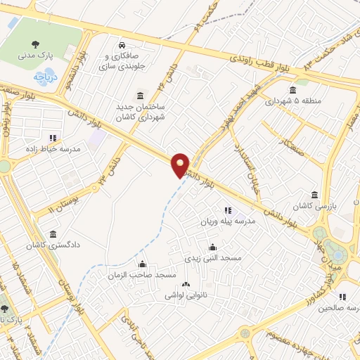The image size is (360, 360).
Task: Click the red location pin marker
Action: tap(181, 165)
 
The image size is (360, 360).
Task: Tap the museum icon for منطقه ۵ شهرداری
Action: tap(292, 90)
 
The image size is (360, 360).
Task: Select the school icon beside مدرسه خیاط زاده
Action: tap(52, 139)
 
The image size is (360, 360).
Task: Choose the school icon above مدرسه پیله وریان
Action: tap(227, 210)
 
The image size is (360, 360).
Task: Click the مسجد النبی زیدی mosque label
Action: tap(212, 258)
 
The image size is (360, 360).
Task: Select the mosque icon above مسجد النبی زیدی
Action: tap(212, 247)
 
